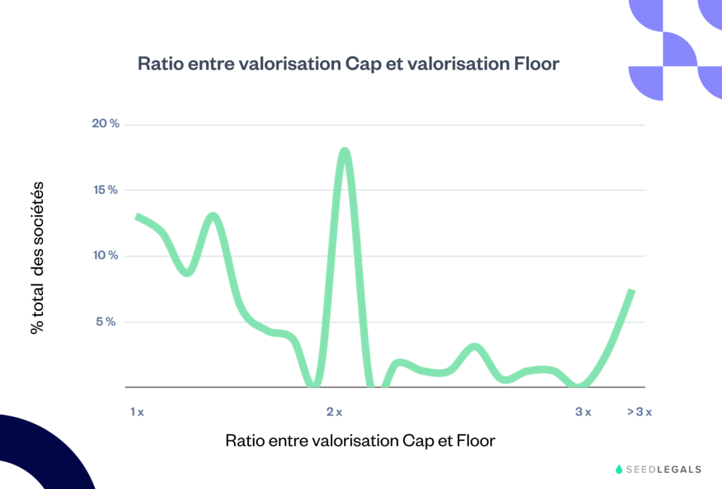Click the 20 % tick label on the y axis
point(106,124)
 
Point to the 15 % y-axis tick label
point(106,190)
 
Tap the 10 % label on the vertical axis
point(106,255)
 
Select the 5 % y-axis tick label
point(108,322)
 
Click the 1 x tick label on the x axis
point(137,412)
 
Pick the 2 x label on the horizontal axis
point(334,412)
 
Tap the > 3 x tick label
point(640,412)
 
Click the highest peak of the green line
point(344,151)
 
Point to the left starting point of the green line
point(137,217)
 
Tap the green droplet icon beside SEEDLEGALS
point(619,469)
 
